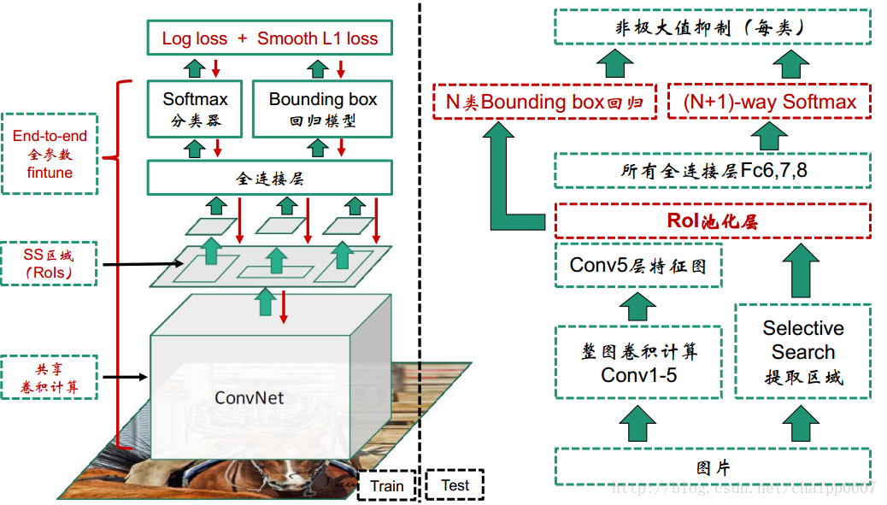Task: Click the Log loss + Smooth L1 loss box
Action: tap(269, 38)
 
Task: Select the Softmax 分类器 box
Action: tap(195, 109)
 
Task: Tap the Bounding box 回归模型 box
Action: tap(322, 109)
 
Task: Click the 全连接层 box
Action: tap(269, 179)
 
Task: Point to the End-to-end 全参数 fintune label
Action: tap(50, 154)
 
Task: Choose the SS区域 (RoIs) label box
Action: tap(50, 263)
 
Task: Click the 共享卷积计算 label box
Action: tap(50, 378)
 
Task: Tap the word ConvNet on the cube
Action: tap(250, 398)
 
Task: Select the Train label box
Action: tap(386, 485)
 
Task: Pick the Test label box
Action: tap(455, 485)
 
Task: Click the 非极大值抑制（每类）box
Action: tap(712, 27)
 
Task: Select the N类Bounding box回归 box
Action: tap(544, 102)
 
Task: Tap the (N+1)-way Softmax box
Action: tap(769, 102)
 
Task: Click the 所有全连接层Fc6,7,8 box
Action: tap(712, 171)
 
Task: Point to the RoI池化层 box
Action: tap(712, 220)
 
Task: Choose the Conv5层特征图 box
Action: tap(637, 265)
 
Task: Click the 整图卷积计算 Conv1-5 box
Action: tap(637, 362)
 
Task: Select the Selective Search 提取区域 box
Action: tap(802, 351)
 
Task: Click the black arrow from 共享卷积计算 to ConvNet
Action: tap(124, 377)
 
